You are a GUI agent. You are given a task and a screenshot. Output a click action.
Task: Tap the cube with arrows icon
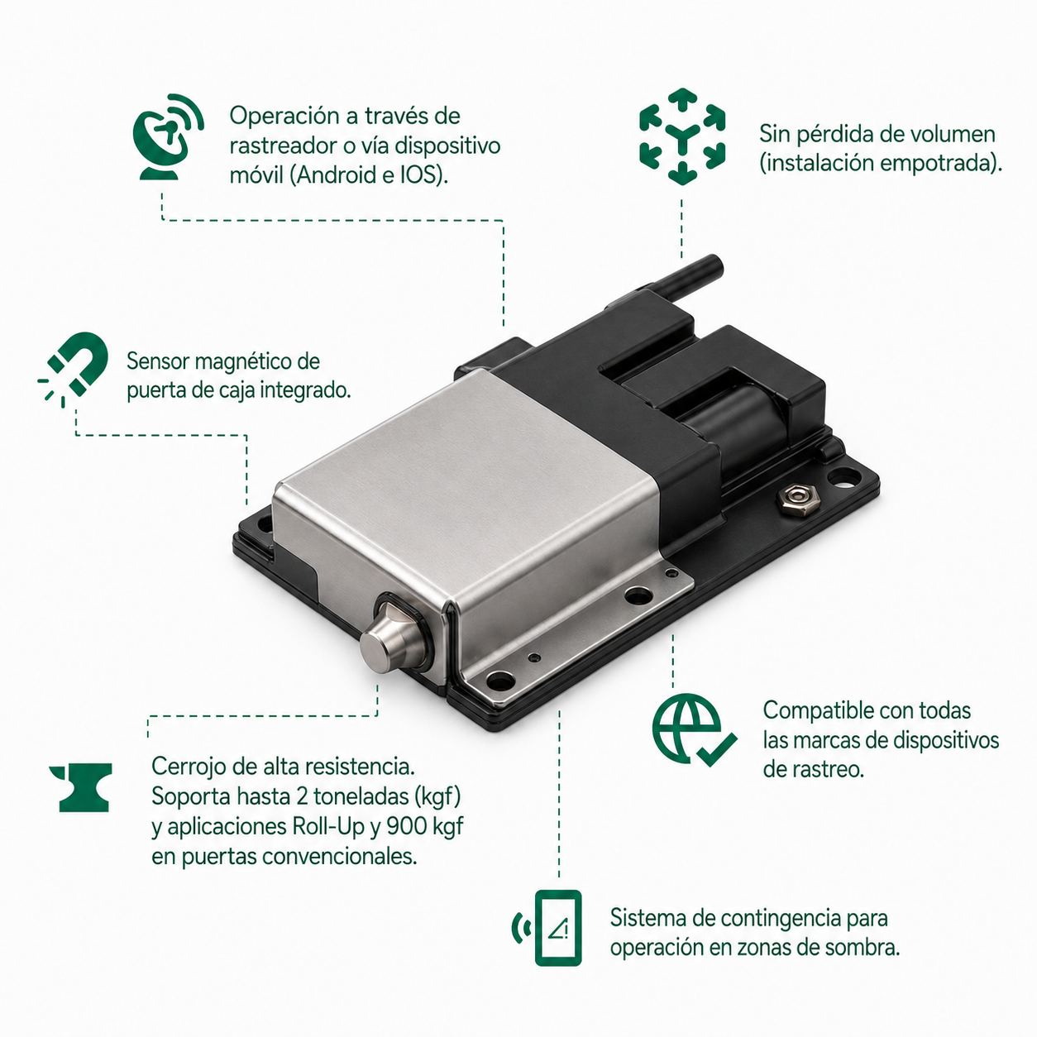point(682,136)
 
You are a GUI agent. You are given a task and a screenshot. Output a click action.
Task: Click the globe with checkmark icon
point(694,730)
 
